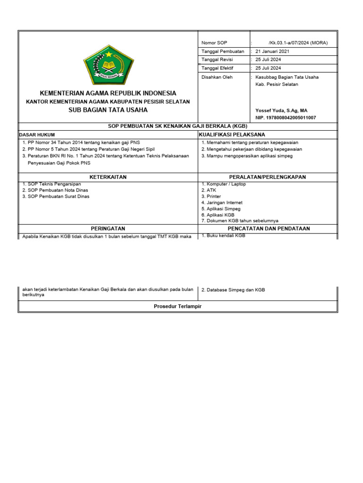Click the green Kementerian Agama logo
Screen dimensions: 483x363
108,65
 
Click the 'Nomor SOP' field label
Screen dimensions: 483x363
214,43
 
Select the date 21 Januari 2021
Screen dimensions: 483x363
272,51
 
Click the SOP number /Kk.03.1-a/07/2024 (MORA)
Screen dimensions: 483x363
298,43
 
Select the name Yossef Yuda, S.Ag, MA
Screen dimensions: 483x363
281,110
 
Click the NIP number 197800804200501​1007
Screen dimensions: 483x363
285,117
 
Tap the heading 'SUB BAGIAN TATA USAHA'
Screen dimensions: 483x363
108,110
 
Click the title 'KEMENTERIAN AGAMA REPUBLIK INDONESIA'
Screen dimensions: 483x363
108,93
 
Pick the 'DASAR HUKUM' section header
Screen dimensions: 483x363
37,135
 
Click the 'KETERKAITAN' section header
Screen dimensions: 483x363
108,177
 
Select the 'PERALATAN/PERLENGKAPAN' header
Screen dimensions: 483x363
268,177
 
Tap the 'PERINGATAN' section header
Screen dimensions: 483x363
108,228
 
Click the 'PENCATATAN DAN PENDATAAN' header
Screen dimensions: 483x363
268,228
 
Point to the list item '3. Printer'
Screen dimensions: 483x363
211,196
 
